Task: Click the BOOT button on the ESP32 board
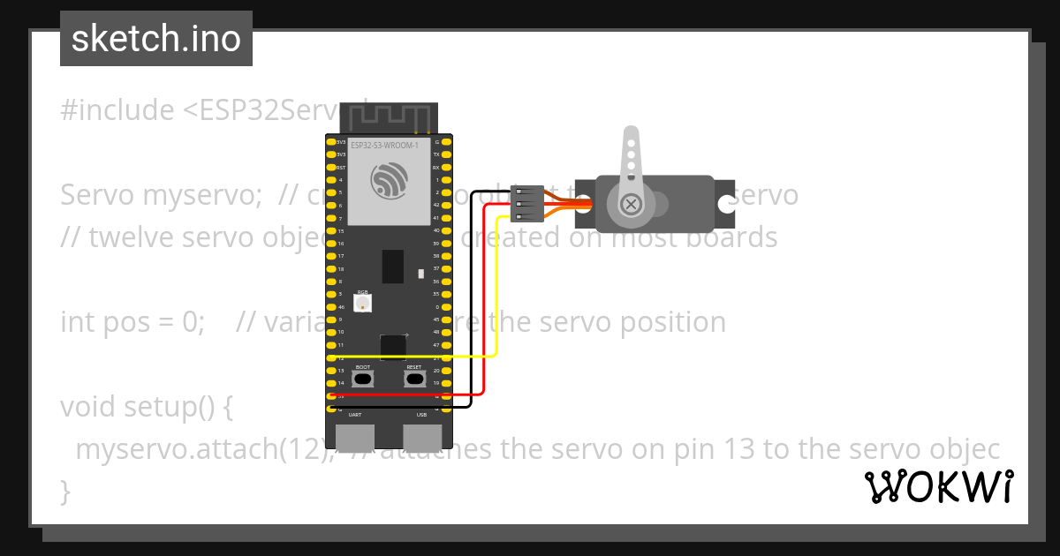pyautogui.click(x=363, y=379)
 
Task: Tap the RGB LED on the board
pyautogui.click(x=362, y=303)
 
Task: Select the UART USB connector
pyautogui.click(x=355, y=437)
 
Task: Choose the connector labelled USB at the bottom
pyautogui.click(x=421, y=437)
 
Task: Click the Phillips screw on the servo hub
pyautogui.click(x=631, y=205)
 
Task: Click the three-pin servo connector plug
pyautogui.click(x=527, y=204)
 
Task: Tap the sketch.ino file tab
pyautogui.click(x=156, y=39)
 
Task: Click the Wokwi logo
pyautogui.click(x=938, y=486)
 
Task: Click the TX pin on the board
pyautogui.click(x=446, y=154)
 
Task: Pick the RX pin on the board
pyautogui.click(x=446, y=167)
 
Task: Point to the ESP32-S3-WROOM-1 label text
pyautogui.click(x=385, y=145)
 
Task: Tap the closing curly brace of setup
pyautogui.click(x=64, y=491)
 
